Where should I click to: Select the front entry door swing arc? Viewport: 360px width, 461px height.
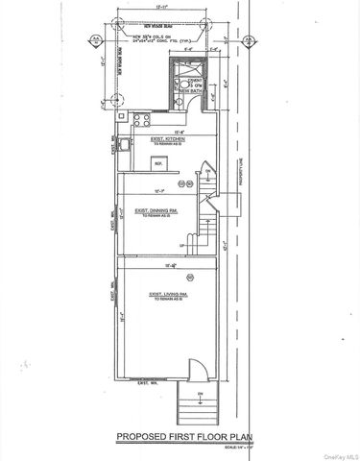point(195,371)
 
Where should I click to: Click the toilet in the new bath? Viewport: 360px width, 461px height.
point(178,99)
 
